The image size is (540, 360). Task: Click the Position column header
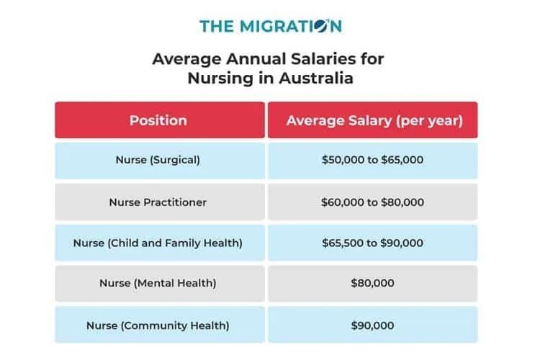[158, 120]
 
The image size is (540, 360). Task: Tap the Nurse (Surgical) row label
[158, 160]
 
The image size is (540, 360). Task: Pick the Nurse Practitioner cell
[158, 202]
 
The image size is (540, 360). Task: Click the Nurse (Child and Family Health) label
[158, 243]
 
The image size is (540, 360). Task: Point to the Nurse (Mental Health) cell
[158, 284]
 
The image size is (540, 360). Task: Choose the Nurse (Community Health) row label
[158, 325]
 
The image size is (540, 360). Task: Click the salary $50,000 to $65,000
[372, 160]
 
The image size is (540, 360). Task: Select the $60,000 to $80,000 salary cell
[372, 202]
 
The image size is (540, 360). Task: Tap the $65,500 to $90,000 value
[372, 243]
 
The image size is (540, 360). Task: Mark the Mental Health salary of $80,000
[372, 284]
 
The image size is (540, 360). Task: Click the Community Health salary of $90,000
[372, 325]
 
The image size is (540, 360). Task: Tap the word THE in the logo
[217, 27]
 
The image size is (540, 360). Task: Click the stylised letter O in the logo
[322, 27]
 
